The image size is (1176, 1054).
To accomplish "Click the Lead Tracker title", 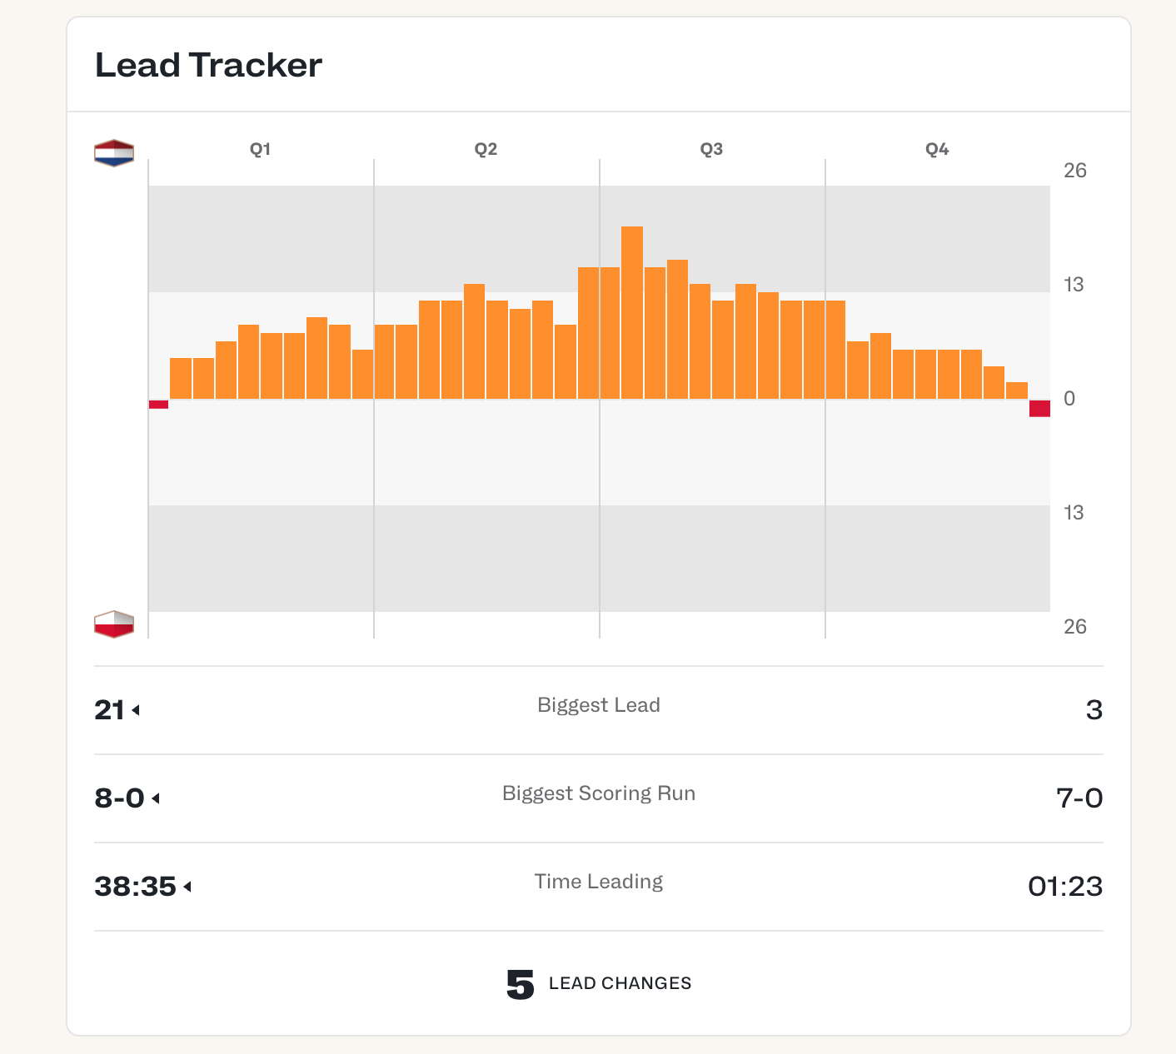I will (x=208, y=65).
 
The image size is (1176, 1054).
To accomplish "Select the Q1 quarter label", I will (x=261, y=149).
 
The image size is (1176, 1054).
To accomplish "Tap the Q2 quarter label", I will (x=486, y=149).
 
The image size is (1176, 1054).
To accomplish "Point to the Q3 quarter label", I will (x=711, y=149).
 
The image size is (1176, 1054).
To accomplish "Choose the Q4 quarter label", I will (x=937, y=149).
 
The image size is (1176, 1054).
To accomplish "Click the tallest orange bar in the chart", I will (x=632, y=312).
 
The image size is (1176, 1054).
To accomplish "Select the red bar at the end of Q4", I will (x=1039, y=408).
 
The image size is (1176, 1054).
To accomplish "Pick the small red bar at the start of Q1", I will (x=158, y=405).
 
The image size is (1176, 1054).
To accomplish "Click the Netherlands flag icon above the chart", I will (x=114, y=153).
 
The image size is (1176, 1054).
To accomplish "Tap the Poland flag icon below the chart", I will (x=114, y=624).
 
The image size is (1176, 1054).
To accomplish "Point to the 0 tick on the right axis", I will (x=1069, y=399).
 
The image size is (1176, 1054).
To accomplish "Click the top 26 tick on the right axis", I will (x=1074, y=171).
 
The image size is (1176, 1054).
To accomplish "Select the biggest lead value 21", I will (x=110, y=710).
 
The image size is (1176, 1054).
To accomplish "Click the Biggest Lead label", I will (x=598, y=705).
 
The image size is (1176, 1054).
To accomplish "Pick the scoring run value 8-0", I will (x=120, y=798).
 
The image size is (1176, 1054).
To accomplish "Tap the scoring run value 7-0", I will (x=1079, y=798).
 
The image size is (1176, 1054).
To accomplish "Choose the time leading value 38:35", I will (x=135, y=887).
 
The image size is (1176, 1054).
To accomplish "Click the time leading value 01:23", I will (x=1064, y=887).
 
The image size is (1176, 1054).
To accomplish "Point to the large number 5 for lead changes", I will (x=521, y=985).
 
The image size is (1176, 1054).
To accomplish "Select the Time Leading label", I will (x=598, y=882).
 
